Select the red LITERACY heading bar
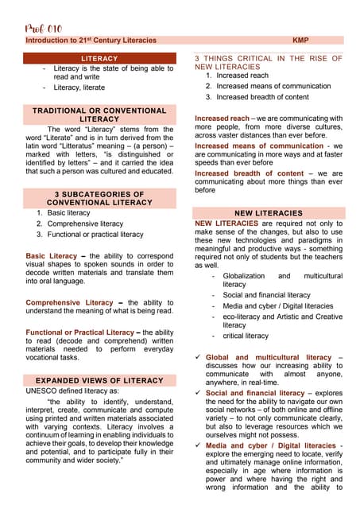click(99, 58)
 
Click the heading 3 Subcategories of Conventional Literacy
click(99, 198)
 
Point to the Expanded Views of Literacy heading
click(99, 381)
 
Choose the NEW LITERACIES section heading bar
click(269, 213)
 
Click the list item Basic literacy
click(69, 213)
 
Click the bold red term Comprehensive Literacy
click(70, 303)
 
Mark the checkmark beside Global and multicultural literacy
click(197, 358)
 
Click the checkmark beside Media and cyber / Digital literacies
click(197, 445)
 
